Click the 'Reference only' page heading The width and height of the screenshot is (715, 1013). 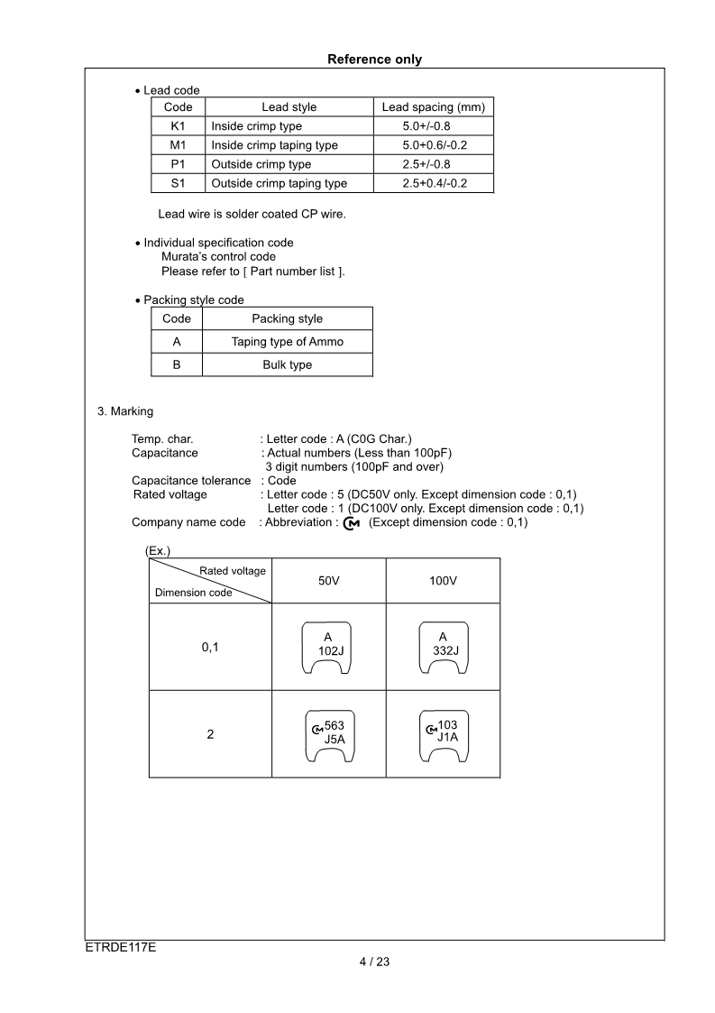coord(374,60)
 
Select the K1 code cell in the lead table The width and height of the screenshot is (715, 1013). coord(178,126)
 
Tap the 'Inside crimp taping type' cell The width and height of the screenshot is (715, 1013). coord(274,145)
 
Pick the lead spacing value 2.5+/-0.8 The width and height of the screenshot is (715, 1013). coord(426,164)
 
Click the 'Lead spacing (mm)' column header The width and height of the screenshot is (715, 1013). coord(433,107)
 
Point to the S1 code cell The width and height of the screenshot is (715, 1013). coord(178,183)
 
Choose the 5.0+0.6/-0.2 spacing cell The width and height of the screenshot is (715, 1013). coord(435,145)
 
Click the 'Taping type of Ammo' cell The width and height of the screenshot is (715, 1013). coord(287,342)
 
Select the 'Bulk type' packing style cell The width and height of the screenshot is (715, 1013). coord(287,364)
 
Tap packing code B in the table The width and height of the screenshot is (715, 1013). coord(176,364)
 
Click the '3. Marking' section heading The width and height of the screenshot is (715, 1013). coord(125,411)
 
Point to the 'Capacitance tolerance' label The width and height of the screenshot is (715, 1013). coord(191,481)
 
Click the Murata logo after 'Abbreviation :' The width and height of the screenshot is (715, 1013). coord(352,523)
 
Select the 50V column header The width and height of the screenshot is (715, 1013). coord(328,581)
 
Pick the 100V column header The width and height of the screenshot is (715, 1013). coord(443,581)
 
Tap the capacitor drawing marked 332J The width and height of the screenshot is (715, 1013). coord(443,647)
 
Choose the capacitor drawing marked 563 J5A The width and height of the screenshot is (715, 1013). coord(328,734)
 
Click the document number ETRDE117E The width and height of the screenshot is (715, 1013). coord(115,948)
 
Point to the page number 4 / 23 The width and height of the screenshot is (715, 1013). coord(374,962)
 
